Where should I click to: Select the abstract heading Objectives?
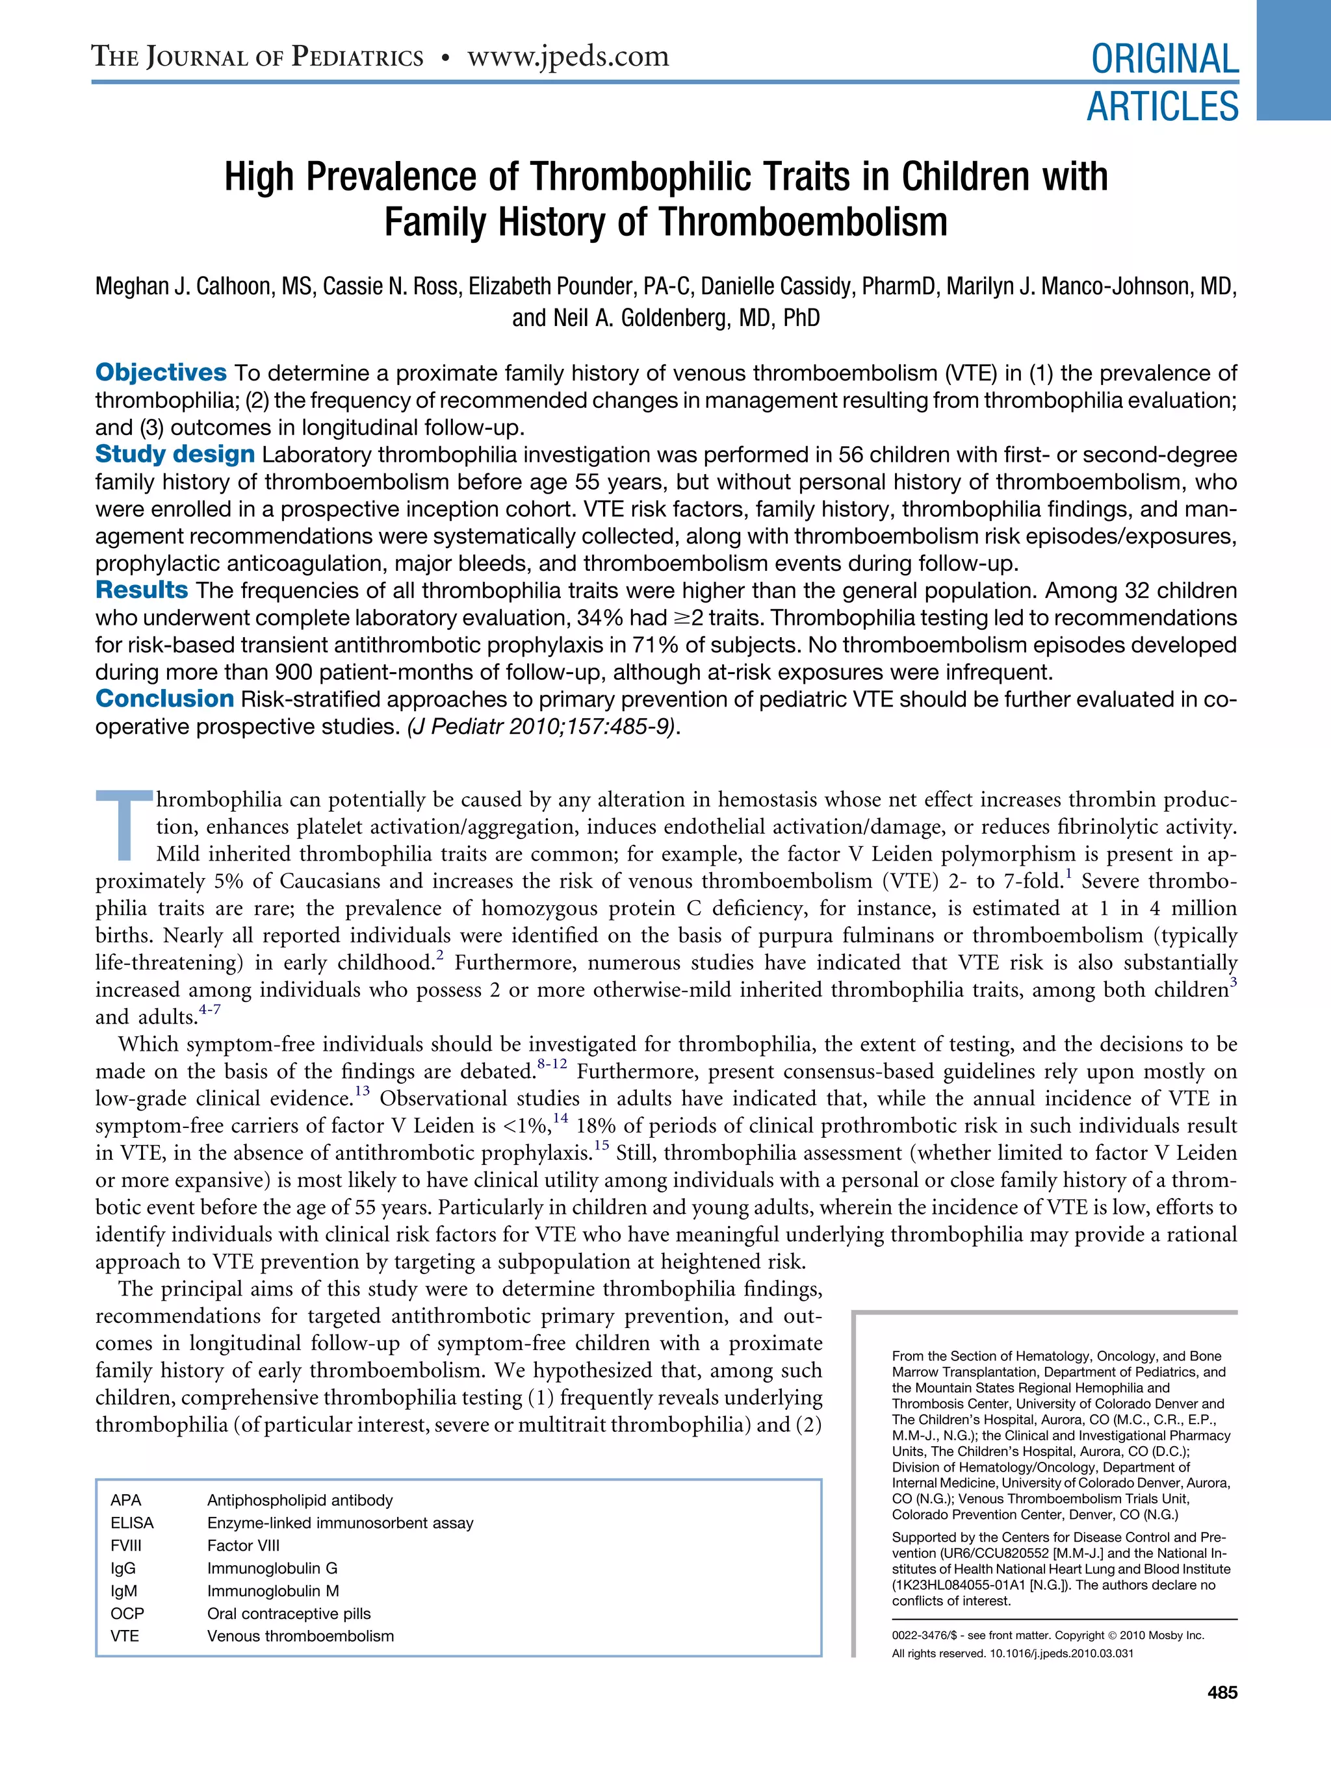point(161,373)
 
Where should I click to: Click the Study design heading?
point(175,455)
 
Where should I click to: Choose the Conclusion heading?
point(164,699)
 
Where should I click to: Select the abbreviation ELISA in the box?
point(132,1522)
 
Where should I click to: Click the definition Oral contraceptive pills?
point(289,1612)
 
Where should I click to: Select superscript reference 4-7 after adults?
point(209,1010)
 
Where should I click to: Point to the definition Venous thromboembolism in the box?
point(300,1635)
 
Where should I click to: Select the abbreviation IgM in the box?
point(124,1590)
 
